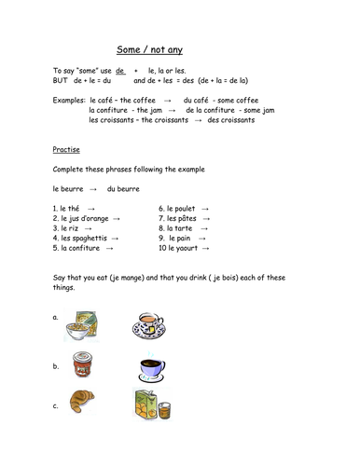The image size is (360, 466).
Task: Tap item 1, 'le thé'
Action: click(70, 208)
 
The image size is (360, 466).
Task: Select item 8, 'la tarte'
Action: click(181, 228)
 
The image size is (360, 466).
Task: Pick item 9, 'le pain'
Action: click(181, 239)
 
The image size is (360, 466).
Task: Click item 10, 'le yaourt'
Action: click(182, 249)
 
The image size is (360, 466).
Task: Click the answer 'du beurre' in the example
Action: click(124, 188)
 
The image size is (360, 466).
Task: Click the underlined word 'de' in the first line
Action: click(120, 71)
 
